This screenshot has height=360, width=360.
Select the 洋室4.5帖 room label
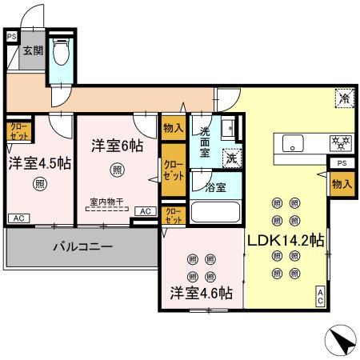pyautogui.click(x=39, y=163)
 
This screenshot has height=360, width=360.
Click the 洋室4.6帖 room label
pyautogui.click(x=200, y=294)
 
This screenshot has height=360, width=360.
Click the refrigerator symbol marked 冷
pyautogui.click(x=343, y=99)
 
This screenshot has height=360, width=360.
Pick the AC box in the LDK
pyautogui.click(x=320, y=296)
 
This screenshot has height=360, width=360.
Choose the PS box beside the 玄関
pyautogui.click(x=10, y=37)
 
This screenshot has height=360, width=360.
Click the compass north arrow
pyautogui.click(x=342, y=340)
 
